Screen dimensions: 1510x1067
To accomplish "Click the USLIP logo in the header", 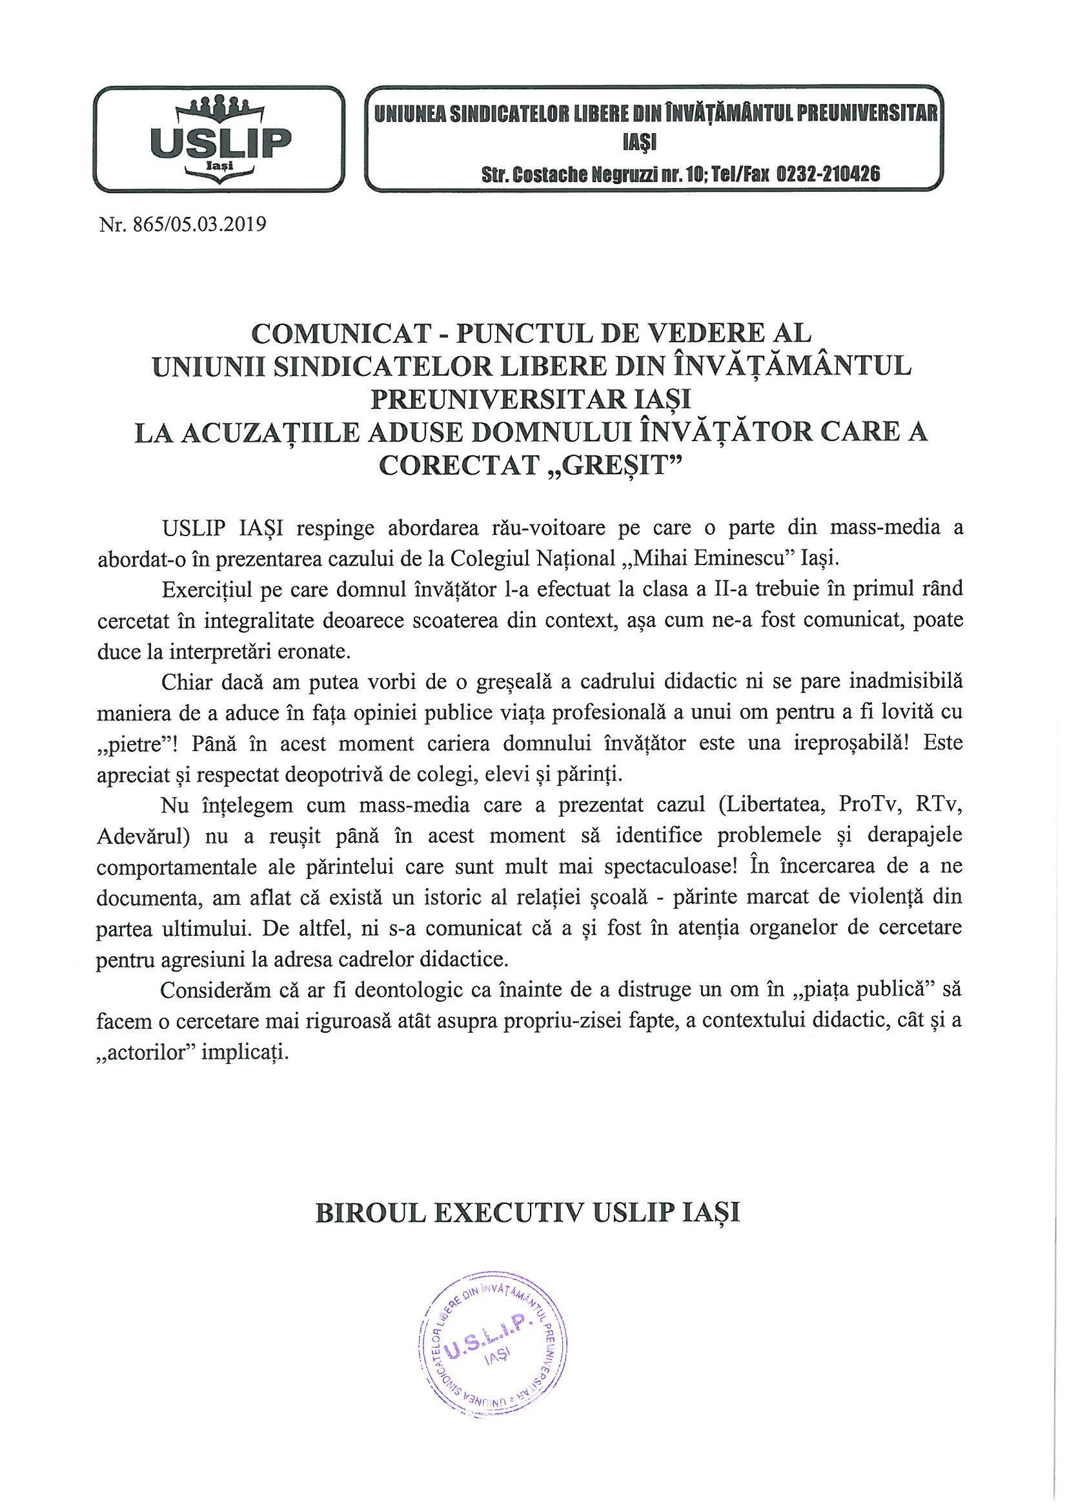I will (x=218, y=140).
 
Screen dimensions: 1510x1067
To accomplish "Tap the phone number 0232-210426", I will (x=829, y=174).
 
